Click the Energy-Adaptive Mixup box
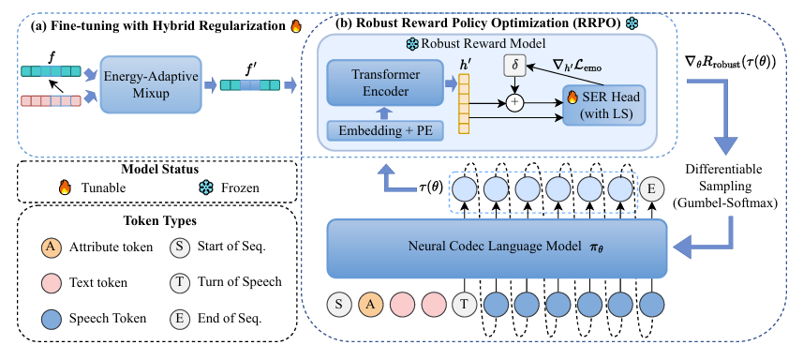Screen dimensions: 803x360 click(151, 84)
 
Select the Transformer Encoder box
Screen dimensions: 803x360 click(384, 82)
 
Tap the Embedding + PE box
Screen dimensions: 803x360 click(384, 130)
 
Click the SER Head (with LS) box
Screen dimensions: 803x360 click(603, 105)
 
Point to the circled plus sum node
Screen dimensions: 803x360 click(515, 103)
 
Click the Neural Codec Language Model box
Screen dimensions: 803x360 click(497, 248)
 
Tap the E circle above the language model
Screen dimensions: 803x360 click(651, 189)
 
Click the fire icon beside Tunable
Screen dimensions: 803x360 click(65, 187)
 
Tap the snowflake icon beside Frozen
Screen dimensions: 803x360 click(205, 187)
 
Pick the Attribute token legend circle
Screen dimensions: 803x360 click(50, 247)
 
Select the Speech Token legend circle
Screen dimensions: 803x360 click(50, 318)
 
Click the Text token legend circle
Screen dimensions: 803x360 click(50, 283)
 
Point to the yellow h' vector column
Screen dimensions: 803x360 click(464, 104)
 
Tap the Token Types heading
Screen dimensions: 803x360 click(156, 221)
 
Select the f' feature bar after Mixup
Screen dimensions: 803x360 click(250, 84)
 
